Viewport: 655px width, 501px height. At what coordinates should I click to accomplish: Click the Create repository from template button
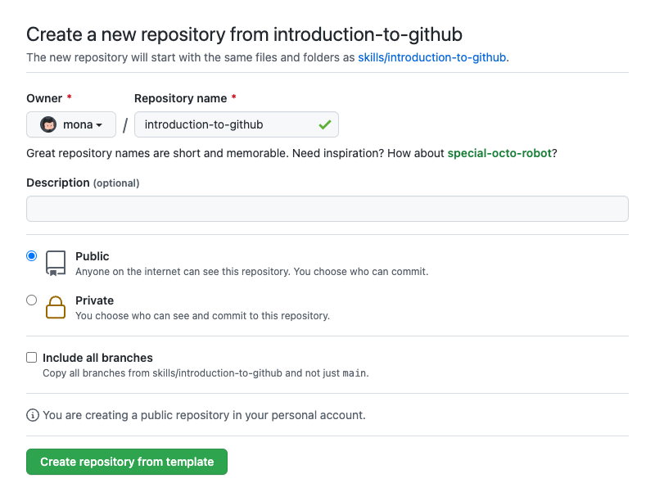point(127,462)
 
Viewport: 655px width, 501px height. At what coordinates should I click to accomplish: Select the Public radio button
point(31,256)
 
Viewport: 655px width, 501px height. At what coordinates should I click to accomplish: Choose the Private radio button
point(31,300)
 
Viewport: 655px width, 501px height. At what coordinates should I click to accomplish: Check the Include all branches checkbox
point(31,358)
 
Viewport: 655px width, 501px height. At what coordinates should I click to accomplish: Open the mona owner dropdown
point(71,124)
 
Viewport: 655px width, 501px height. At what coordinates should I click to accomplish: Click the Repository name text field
point(237,124)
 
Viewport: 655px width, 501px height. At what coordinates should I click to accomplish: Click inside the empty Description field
point(327,209)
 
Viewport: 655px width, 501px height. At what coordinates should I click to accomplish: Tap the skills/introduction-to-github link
point(432,57)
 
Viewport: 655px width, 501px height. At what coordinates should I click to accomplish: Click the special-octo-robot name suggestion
point(499,153)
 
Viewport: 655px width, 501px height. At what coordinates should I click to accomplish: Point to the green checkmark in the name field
point(325,124)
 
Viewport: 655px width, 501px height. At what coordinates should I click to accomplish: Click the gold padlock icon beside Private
point(56,307)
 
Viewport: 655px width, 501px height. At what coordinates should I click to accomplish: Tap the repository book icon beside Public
point(56,264)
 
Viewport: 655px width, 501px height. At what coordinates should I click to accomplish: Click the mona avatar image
point(48,124)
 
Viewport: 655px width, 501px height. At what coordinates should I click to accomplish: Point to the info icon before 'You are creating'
point(33,415)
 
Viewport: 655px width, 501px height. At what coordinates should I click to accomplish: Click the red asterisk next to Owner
point(70,97)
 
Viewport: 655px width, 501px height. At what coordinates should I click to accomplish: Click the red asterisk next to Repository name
point(234,97)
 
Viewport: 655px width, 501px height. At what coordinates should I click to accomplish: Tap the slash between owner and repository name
point(125,124)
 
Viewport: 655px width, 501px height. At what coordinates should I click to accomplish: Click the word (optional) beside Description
point(116,183)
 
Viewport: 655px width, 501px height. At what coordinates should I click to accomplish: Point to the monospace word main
point(355,373)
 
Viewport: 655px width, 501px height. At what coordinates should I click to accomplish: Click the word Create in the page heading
point(54,34)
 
